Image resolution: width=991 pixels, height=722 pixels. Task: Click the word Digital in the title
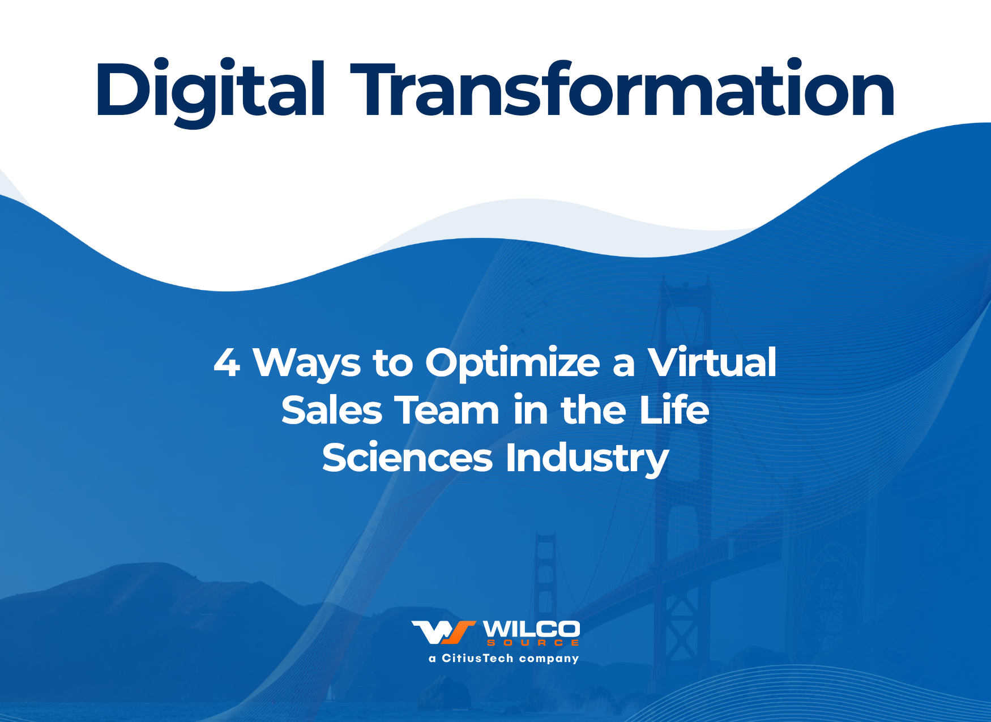(x=210, y=91)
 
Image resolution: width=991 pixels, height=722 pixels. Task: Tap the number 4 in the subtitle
(x=227, y=362)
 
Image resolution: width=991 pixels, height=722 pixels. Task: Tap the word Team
(x=447, y=410)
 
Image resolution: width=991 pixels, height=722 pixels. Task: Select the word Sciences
(x=407, y=458)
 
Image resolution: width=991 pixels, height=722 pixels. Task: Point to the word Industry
(x=587, y=459)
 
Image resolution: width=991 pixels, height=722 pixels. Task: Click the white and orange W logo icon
(x=443, y=633)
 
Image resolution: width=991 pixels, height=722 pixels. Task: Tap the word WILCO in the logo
(x=531, y=629)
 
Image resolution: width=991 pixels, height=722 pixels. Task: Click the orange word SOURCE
(x=533, y=643)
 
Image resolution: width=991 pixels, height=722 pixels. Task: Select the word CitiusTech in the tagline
(x=477, y=658)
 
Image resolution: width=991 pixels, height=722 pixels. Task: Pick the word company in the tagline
(x=549, y=659)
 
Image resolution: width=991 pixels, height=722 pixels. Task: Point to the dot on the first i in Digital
(x=162, y=64)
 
